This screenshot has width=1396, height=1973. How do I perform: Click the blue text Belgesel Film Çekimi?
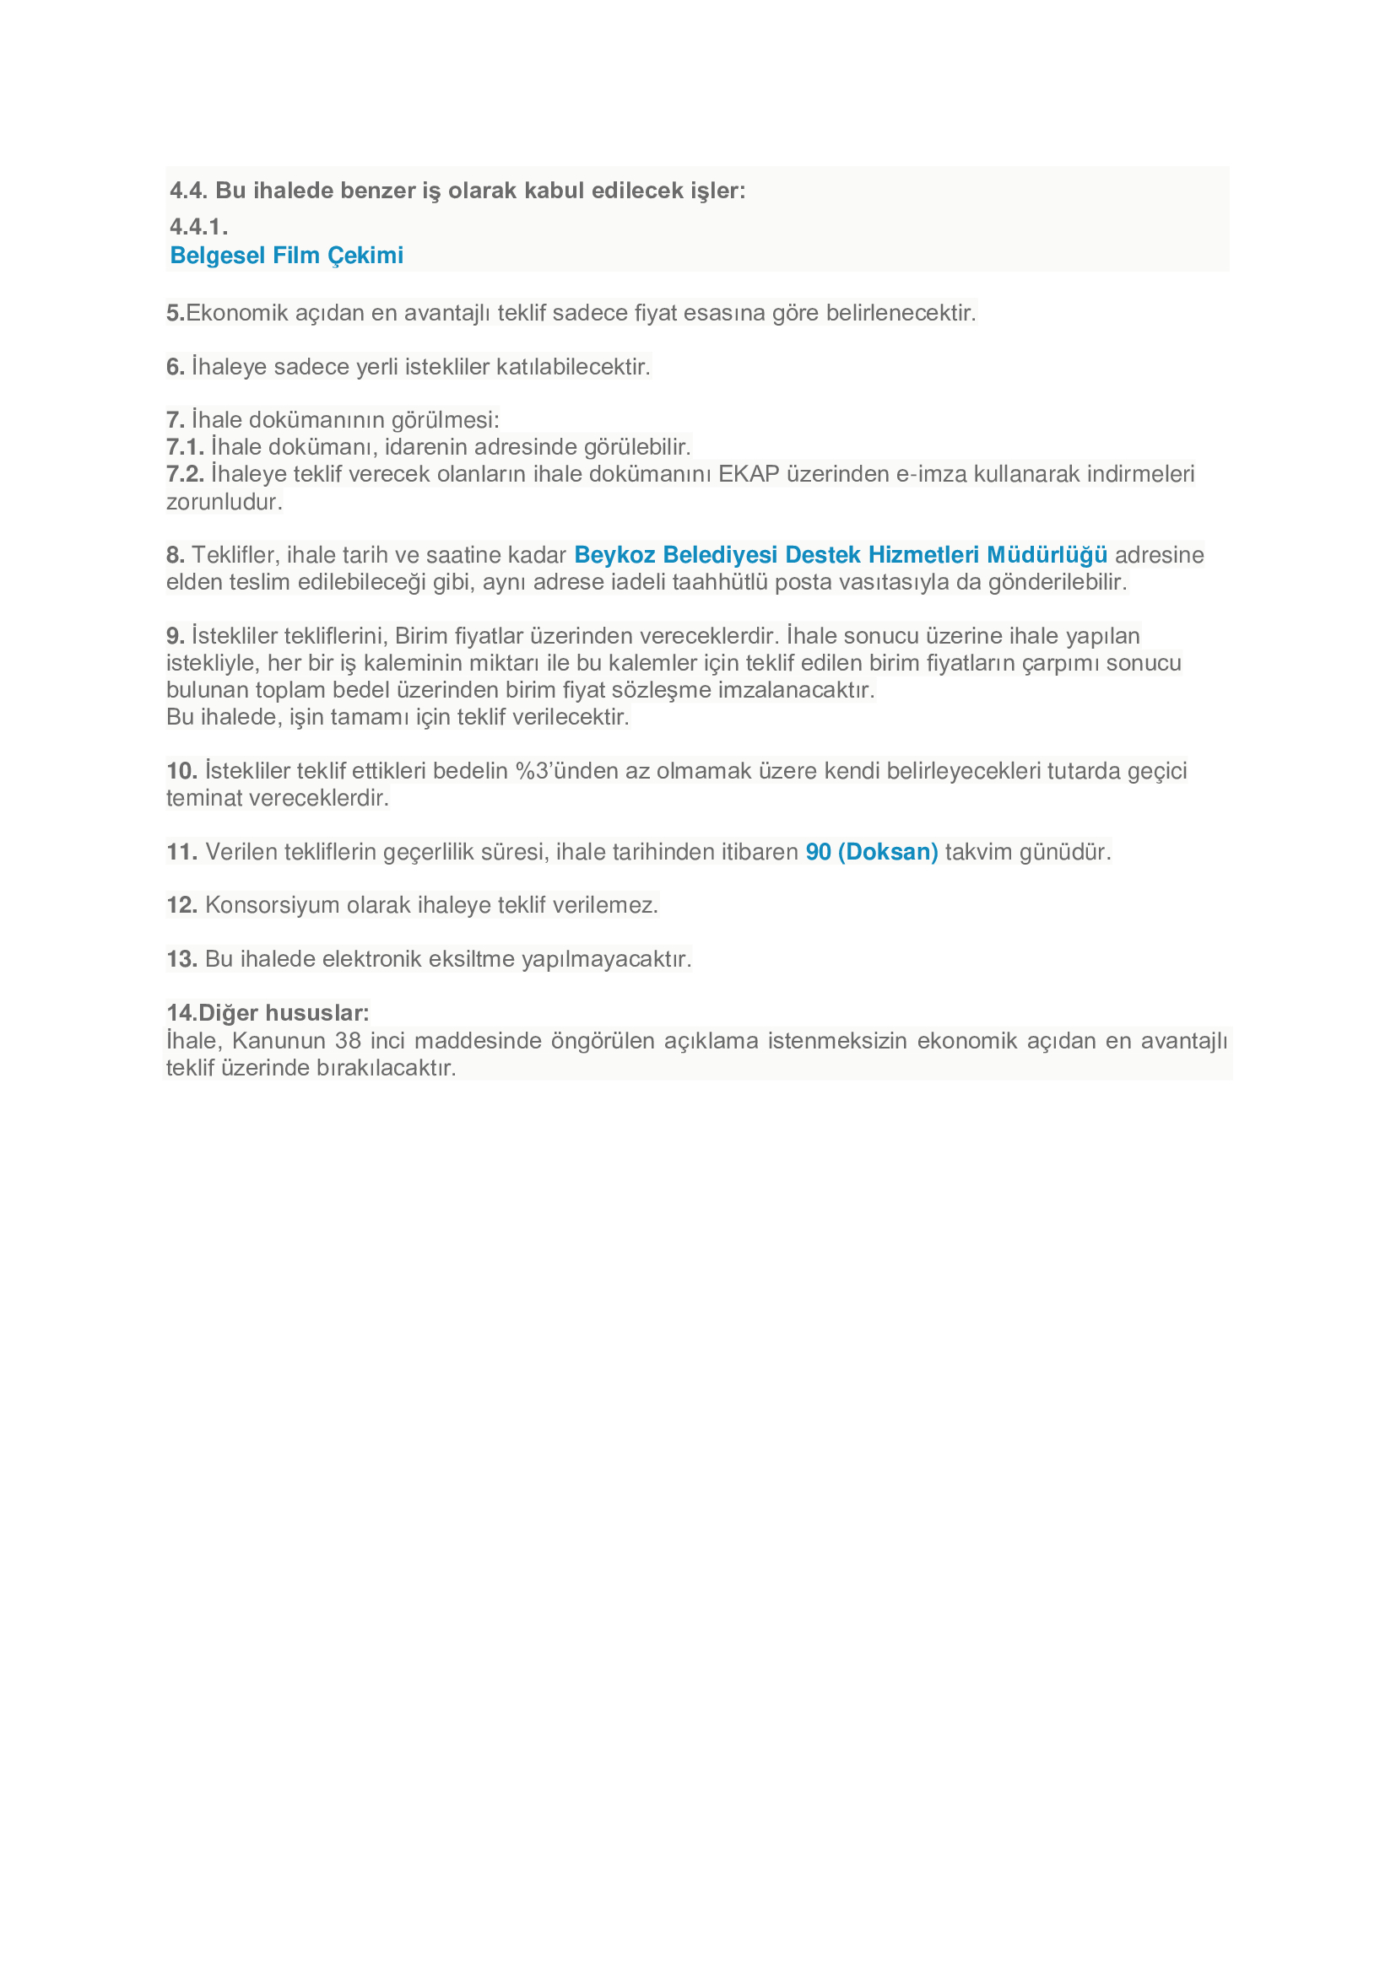point(286,256)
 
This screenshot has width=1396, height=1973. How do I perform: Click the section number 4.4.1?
point(198,227)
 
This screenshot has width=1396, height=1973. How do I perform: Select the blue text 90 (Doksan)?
point(872,852)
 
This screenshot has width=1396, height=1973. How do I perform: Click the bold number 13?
point(181,959)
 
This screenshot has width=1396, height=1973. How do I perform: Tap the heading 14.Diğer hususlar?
point(268,1013)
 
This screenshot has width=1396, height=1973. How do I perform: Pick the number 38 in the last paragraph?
point(348,1042)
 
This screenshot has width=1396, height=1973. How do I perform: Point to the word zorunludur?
point(224,502)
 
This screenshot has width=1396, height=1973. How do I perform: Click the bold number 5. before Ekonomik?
point(175,313)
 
